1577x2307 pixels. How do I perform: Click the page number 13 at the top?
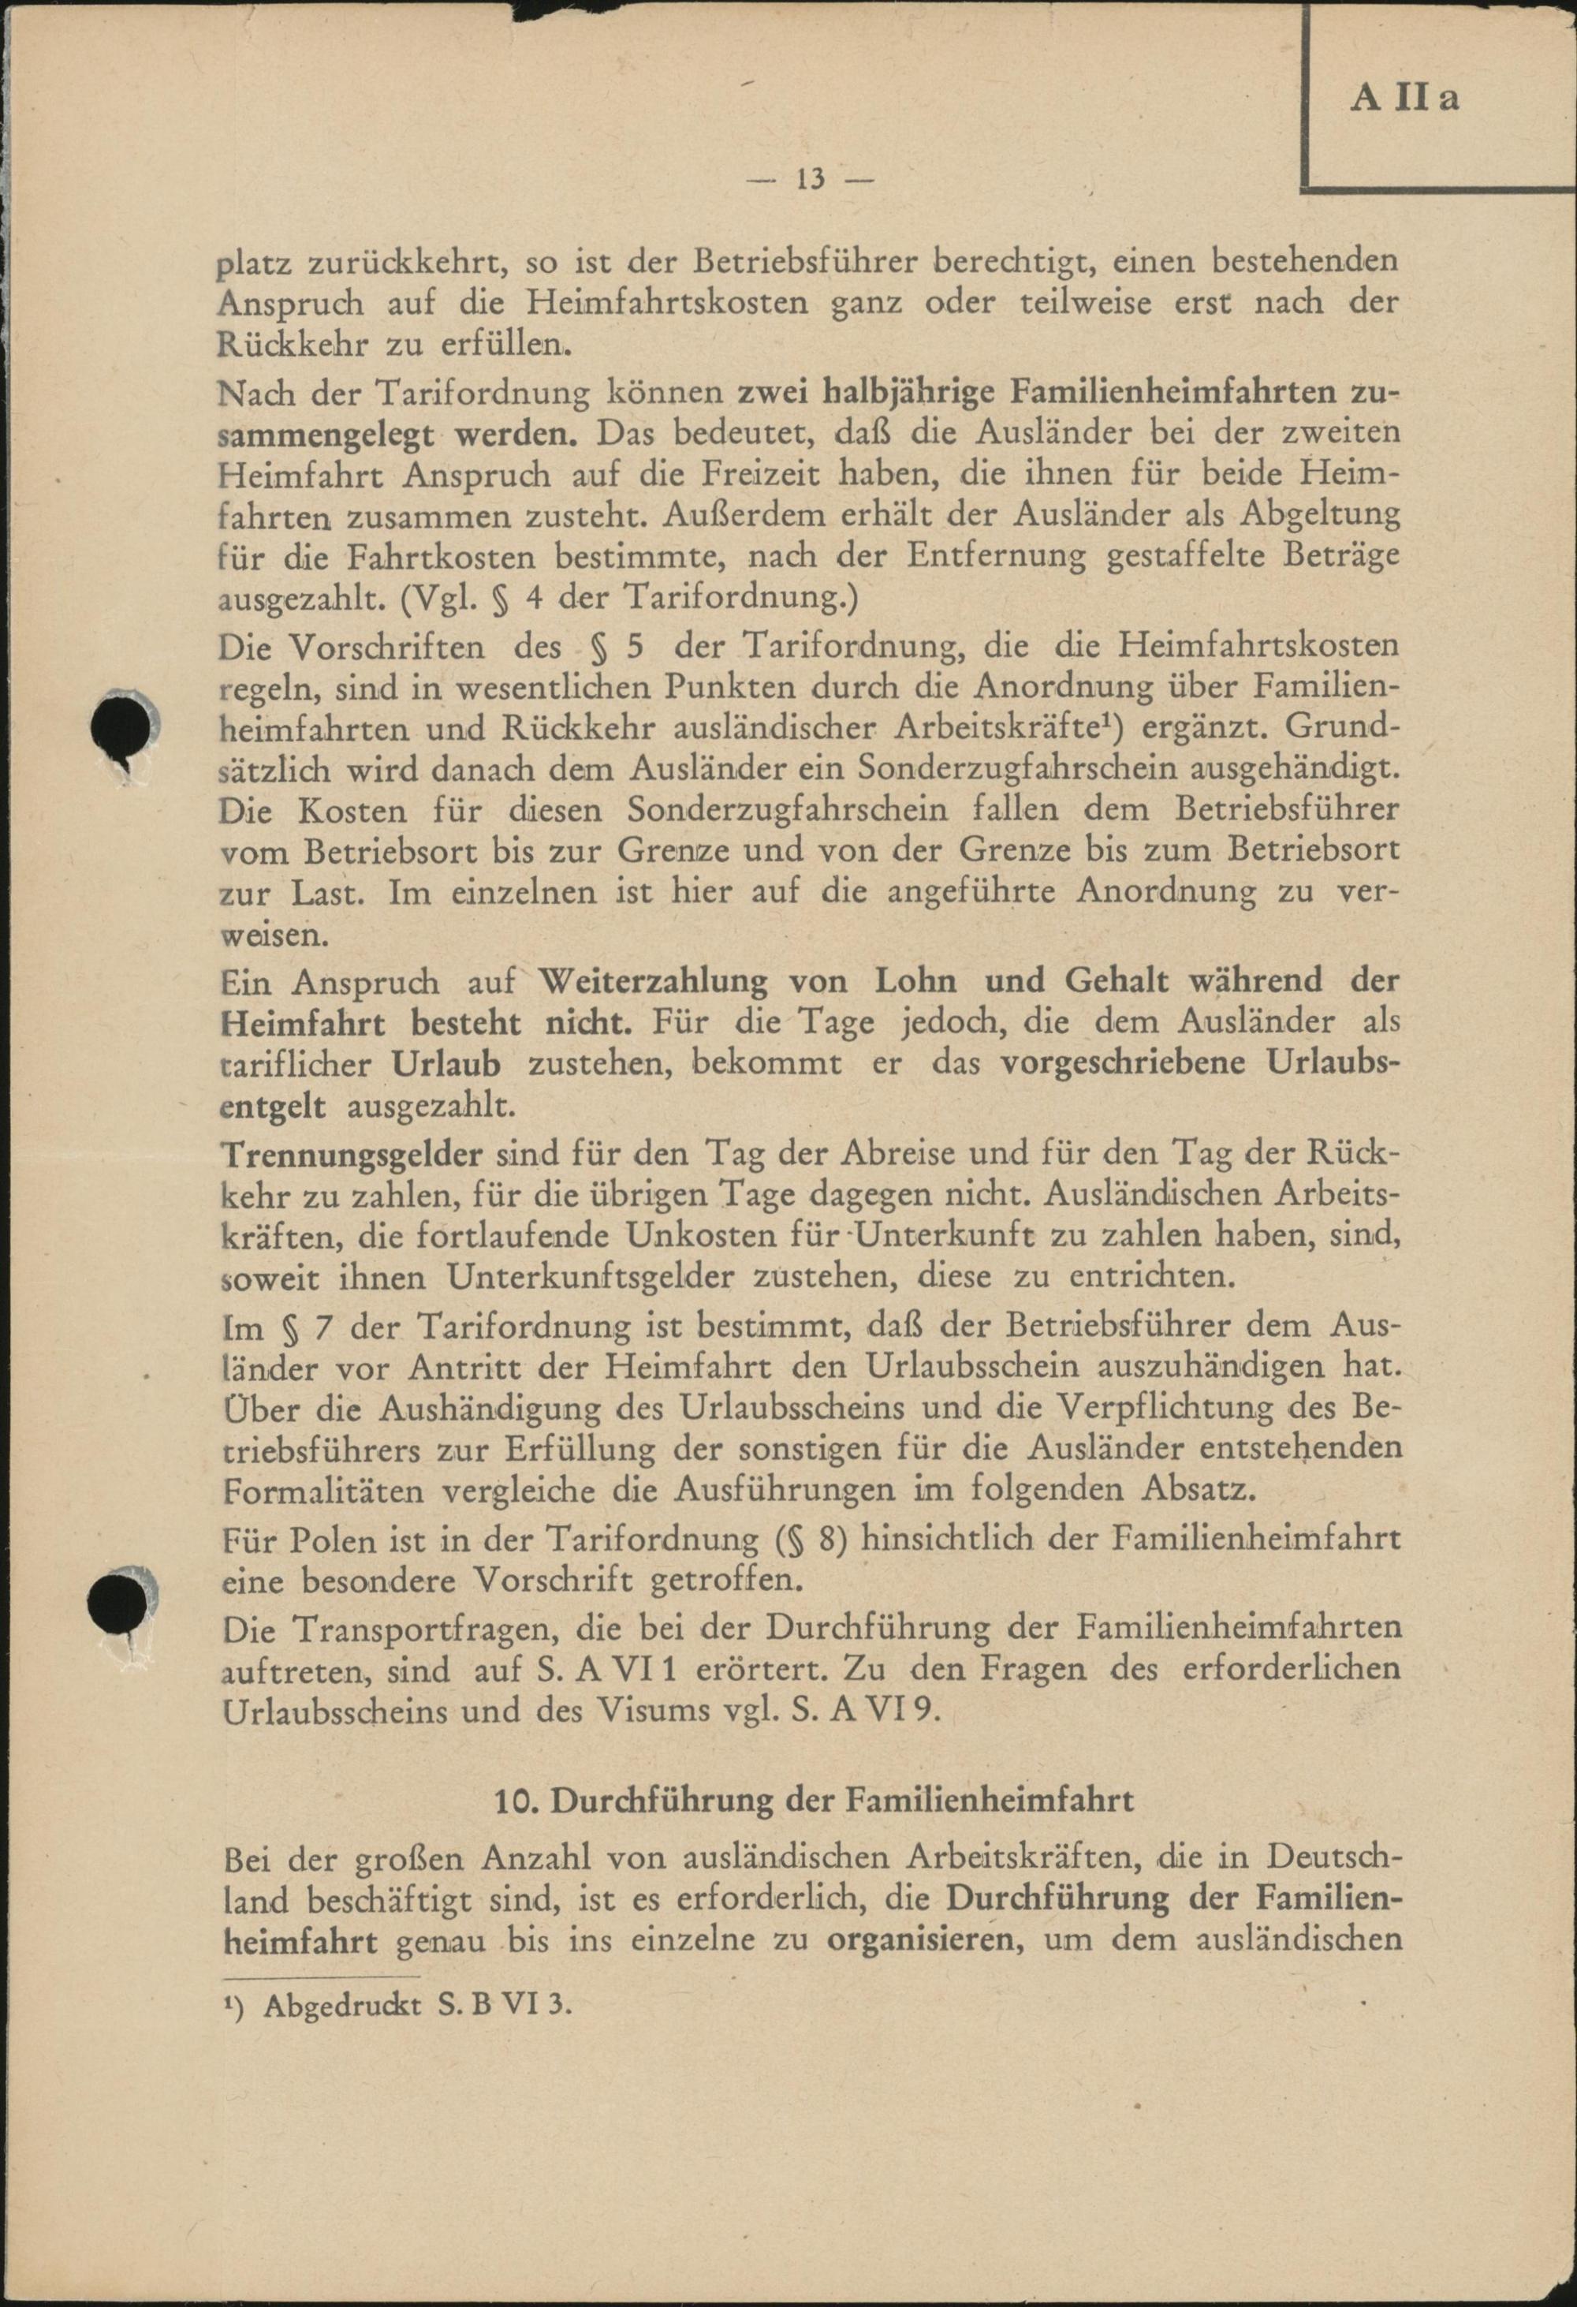pos(810,180)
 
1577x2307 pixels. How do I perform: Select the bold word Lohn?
pos(915,981)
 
